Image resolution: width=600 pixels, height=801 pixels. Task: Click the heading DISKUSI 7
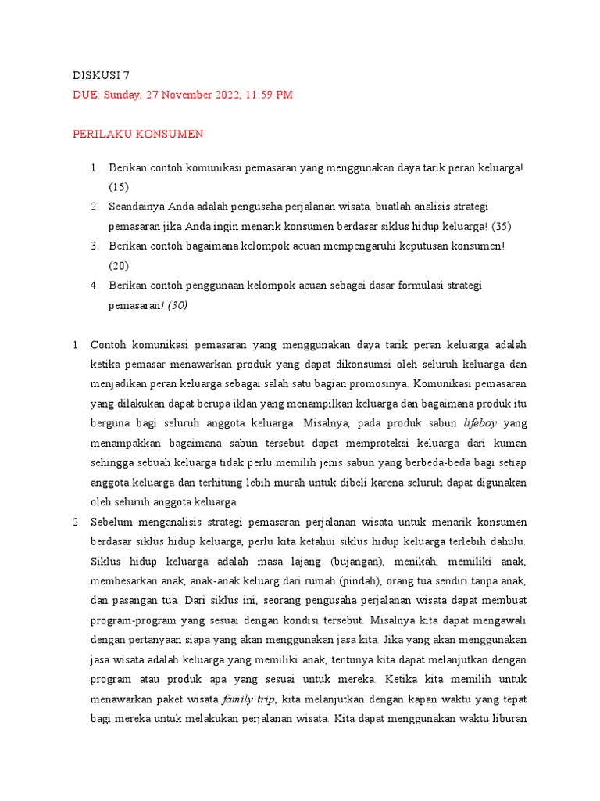(x=101, y=76)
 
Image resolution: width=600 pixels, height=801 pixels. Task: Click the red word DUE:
(x=86, y=95)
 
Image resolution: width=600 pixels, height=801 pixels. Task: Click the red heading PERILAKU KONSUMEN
(x=137, y=134)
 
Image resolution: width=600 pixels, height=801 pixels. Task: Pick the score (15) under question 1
(x=119, y=187)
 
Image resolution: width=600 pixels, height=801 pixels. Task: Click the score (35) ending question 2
(x=502, y=226)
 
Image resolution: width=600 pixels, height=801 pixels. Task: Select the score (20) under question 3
(x=119, y=266)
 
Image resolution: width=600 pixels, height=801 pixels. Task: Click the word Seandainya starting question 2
(x=138, y=207)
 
